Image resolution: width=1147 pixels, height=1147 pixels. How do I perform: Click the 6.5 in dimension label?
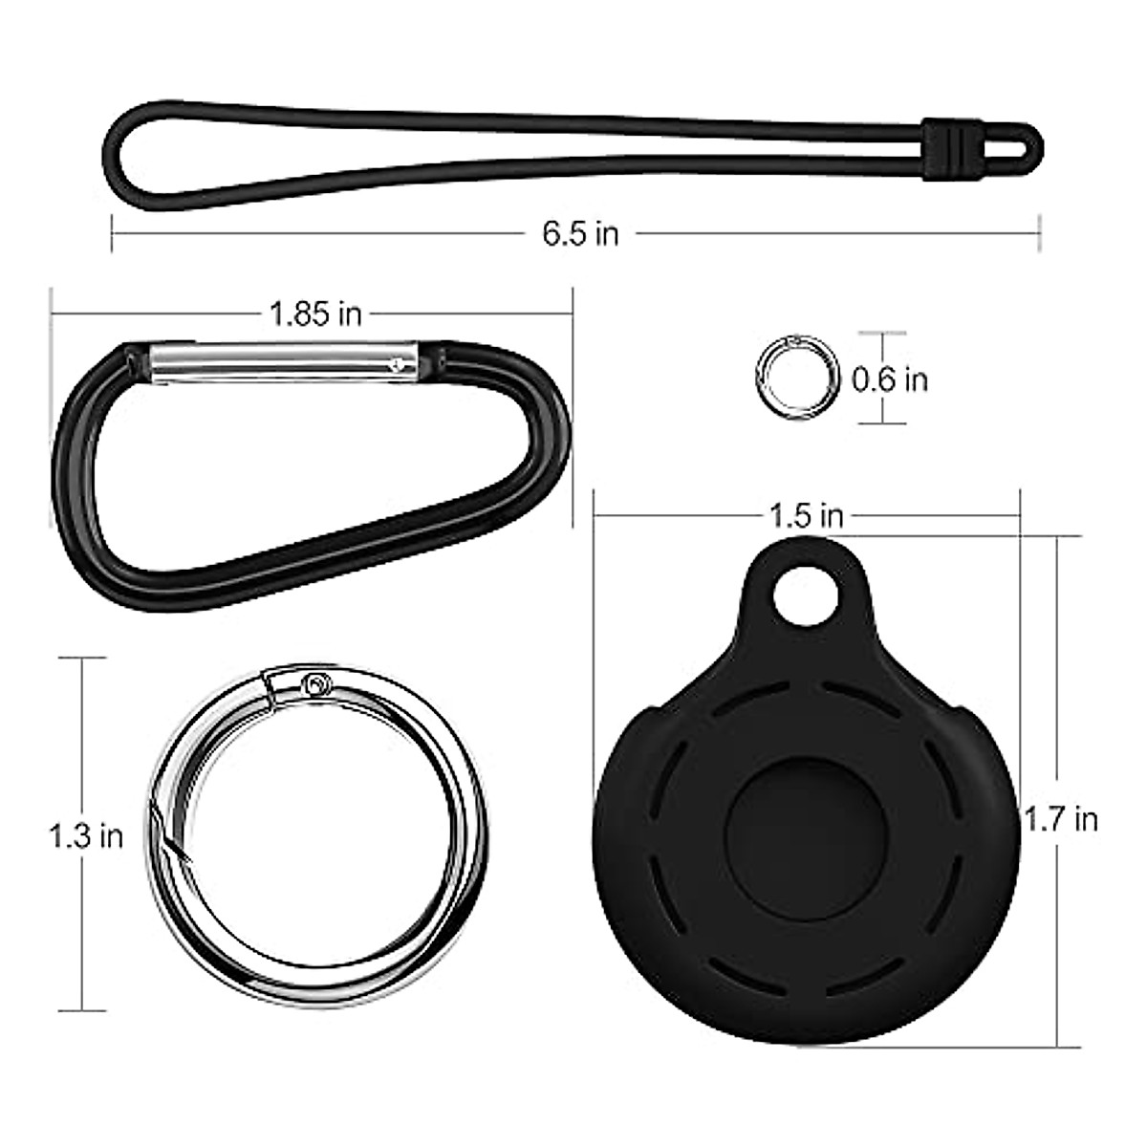click(580, 233)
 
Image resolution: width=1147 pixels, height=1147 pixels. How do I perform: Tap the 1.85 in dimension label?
click(315, 314)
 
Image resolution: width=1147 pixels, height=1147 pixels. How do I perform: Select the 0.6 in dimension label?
click(890, 379)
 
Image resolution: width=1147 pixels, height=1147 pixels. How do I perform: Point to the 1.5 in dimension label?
click(807, 516)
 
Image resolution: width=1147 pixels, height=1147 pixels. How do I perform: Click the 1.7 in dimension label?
click(1061, 819)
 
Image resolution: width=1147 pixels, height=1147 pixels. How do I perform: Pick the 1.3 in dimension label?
click(86, 836)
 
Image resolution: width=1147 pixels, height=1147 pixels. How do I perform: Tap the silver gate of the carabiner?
click(277, 361)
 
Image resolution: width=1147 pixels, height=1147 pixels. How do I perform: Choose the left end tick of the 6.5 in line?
click(113, 233)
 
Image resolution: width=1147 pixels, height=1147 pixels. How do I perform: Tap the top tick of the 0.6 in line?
click(880, 334)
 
